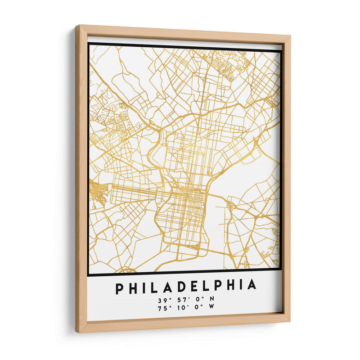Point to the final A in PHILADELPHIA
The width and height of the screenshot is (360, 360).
(252, 285)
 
